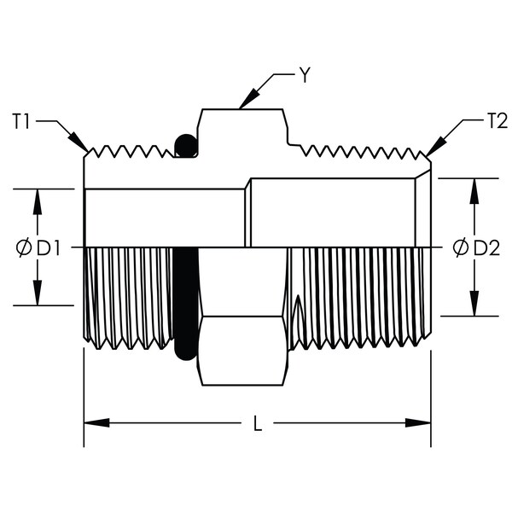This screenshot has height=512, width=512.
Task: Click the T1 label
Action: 20,121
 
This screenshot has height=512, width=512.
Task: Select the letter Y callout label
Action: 305,75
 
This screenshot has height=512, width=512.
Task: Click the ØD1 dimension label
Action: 38,247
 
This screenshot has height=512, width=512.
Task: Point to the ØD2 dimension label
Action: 476,247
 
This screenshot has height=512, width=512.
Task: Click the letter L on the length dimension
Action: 258,423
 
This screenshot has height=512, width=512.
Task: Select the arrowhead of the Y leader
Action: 250,97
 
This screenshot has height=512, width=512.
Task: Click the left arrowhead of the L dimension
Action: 96,423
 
